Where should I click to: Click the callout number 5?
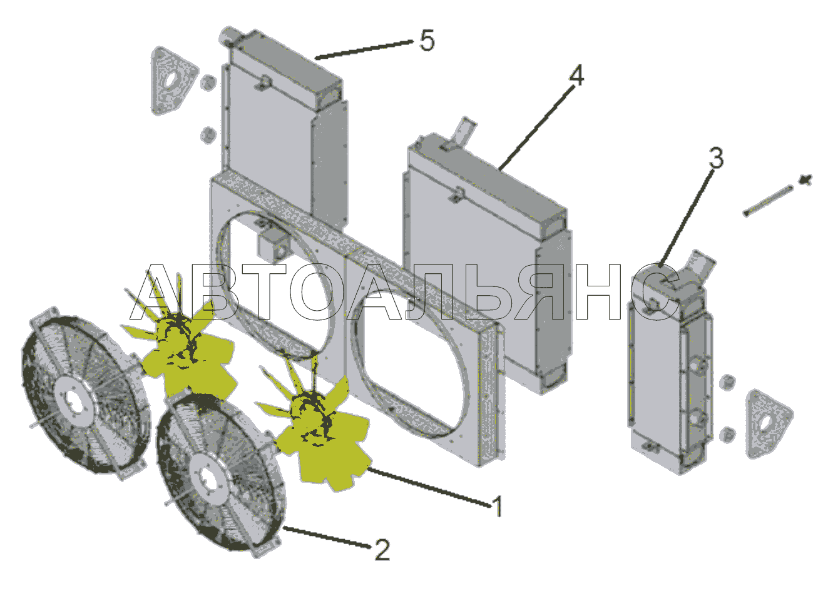427,41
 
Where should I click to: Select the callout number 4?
576,76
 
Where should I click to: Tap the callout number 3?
716,158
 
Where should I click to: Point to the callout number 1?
498,507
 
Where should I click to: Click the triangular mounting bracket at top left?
172,81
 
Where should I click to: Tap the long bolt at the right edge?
768,201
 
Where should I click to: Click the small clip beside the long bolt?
806,180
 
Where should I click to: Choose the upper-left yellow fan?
180,341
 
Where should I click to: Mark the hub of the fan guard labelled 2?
210,480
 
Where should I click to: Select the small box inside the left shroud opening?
273,245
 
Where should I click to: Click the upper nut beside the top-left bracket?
208,83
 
